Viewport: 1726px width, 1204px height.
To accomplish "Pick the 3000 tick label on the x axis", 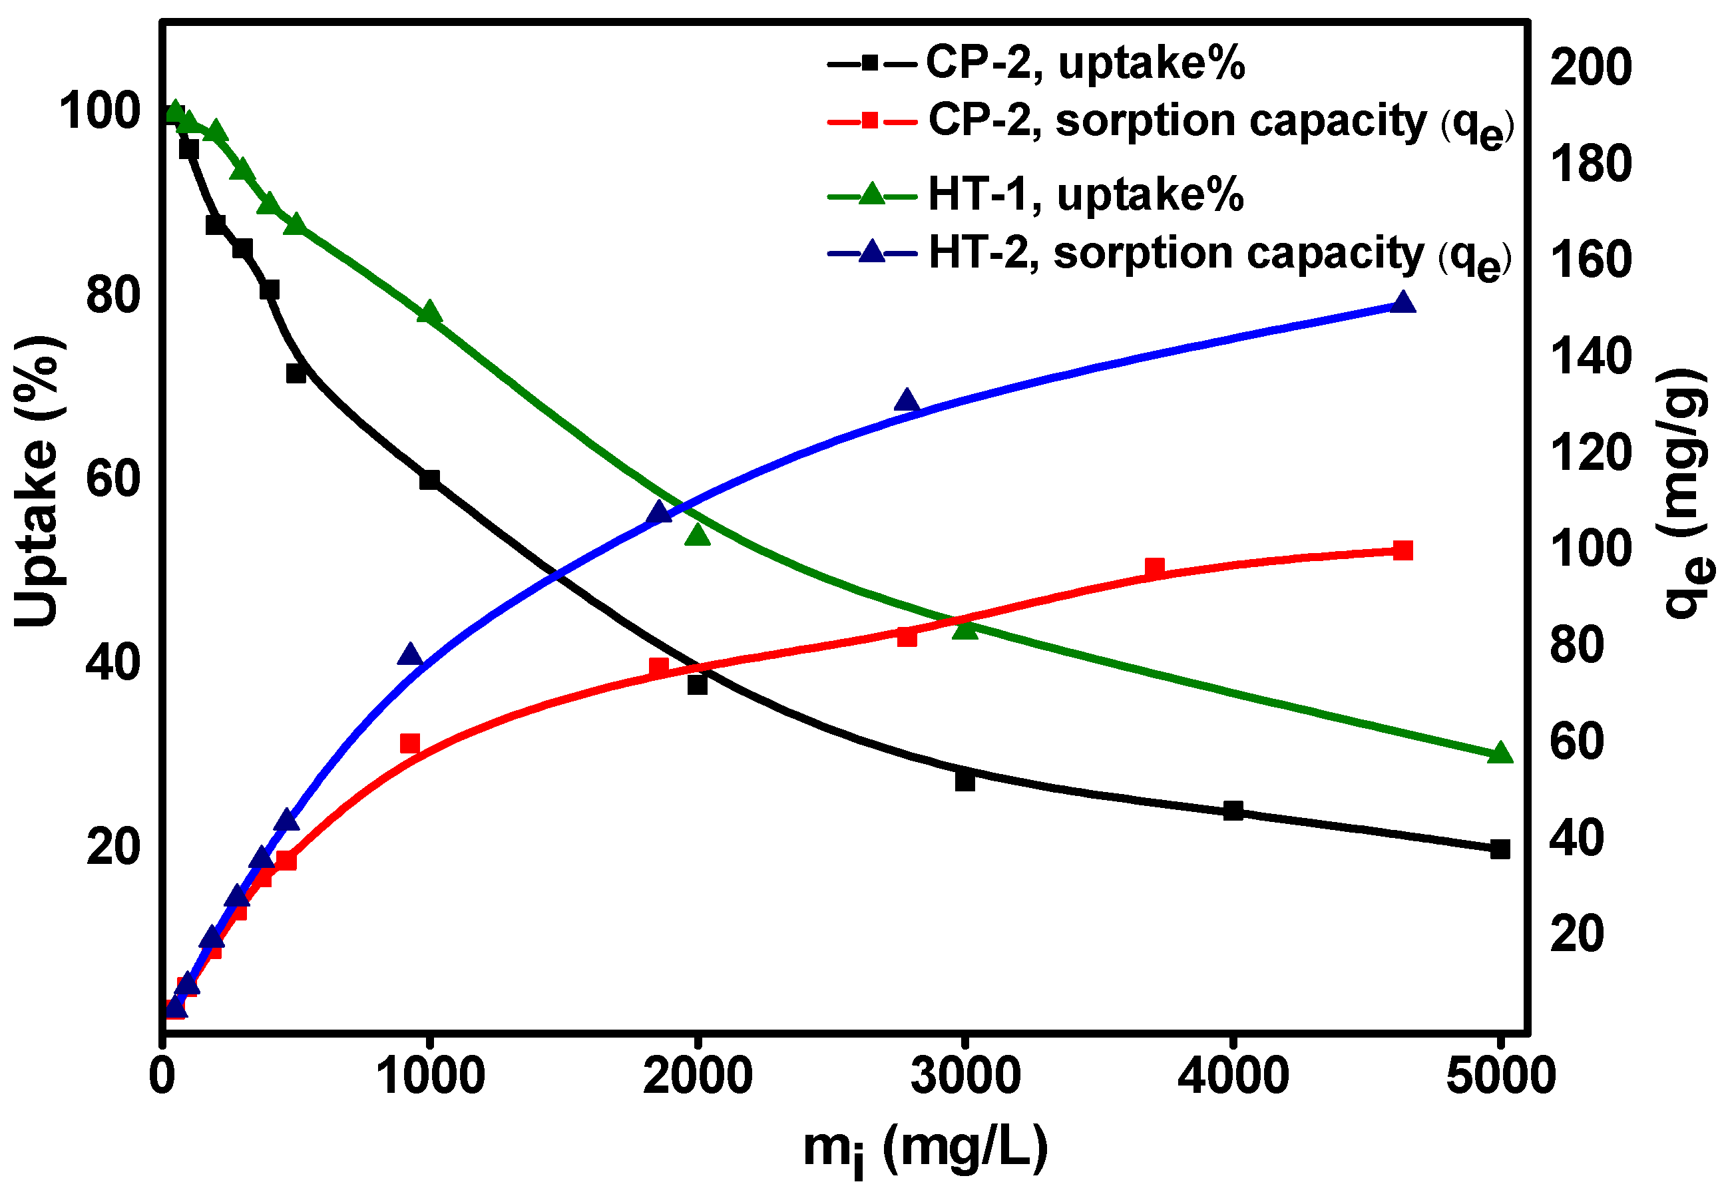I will pos(965,1076).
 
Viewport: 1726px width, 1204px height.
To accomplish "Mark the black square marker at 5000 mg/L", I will pos(1500,850).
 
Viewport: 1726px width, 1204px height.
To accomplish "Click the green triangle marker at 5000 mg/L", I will pos(1500,753).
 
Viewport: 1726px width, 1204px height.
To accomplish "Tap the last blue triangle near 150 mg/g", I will pos(1402,303).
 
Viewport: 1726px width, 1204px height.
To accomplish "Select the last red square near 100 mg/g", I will pos(1402,551).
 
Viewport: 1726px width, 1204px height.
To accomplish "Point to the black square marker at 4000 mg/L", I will pos(1233,811).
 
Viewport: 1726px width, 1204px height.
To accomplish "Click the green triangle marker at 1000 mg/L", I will pos(429,312).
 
